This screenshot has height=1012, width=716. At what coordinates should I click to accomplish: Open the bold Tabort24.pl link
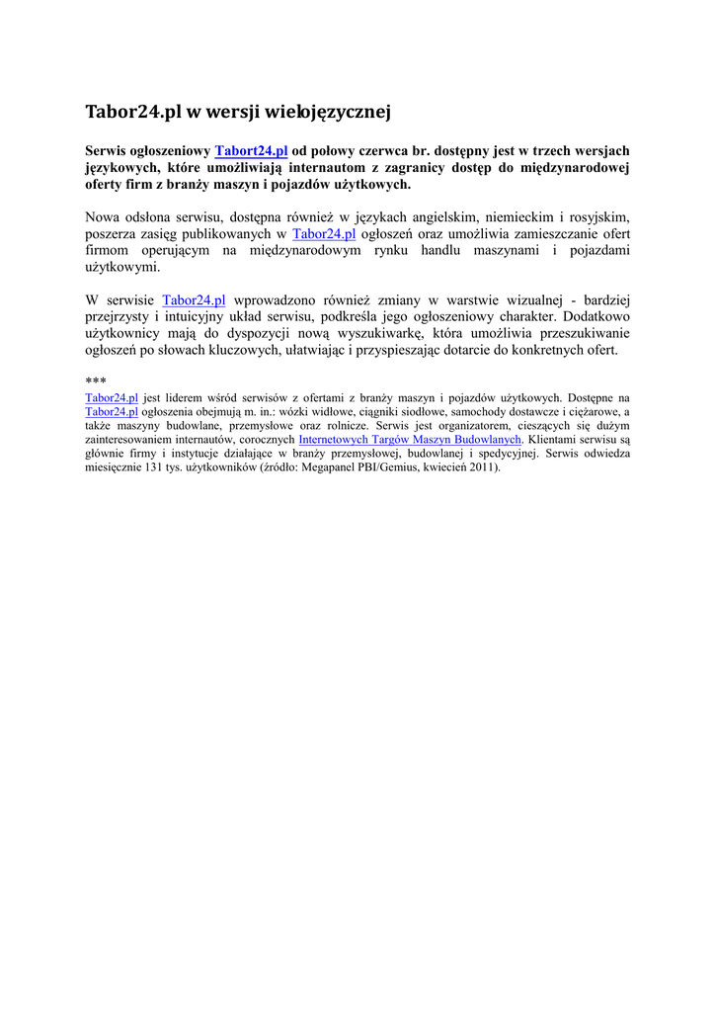[251, 151]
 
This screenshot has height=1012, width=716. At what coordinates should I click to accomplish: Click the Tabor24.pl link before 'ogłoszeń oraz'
[324, 234]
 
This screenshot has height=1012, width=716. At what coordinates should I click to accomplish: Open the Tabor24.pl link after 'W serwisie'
[194, 299]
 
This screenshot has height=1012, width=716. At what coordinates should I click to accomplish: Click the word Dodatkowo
[596, 316]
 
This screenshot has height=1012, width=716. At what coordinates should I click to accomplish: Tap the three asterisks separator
[96, 381]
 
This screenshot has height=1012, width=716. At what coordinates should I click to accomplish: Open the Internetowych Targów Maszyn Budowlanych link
[410, 439]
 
